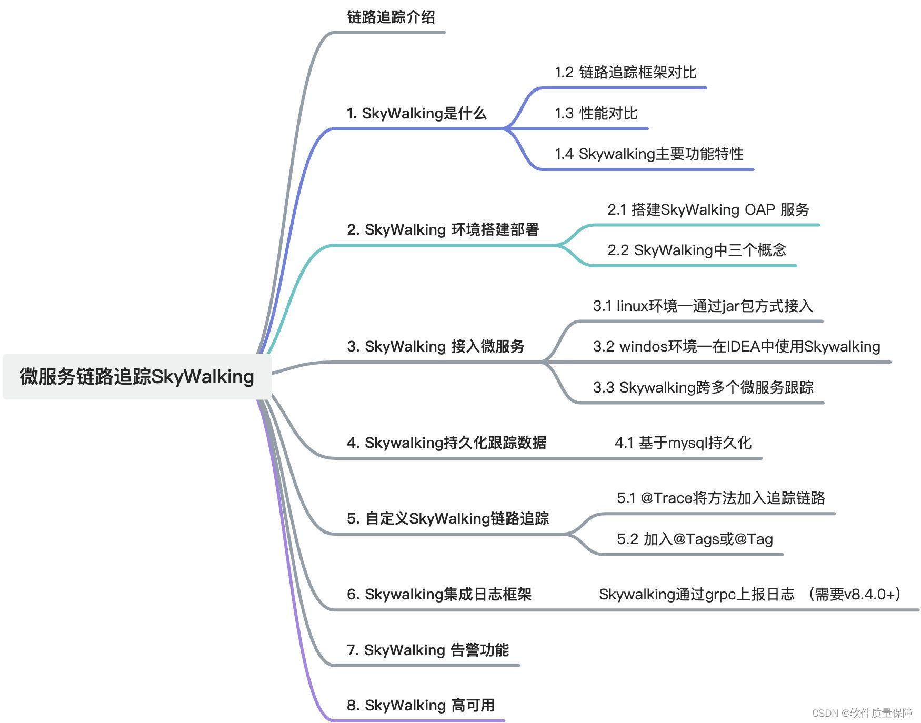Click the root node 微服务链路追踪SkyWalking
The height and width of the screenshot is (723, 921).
[x=137, y=377]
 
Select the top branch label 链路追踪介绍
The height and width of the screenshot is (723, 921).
[x=391, y=17]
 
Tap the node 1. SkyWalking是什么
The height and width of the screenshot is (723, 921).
[x=416, y=114]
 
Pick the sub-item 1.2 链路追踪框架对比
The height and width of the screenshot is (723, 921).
[x=625, y=73]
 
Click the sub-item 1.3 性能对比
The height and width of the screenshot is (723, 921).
[x=596, y=114]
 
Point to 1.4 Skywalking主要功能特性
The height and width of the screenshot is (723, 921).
[x=648, y=154]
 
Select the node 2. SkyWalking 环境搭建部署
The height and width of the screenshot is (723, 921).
[x=443, y=230]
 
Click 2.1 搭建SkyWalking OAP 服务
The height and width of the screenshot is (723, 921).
[x=708, y=210]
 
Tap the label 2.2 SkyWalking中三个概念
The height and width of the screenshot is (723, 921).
[x=696, y=250]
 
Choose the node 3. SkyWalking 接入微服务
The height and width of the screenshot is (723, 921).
[x=435, y=347]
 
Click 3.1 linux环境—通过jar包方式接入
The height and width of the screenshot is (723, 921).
[x=703, y=306]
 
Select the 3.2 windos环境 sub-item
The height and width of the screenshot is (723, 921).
[x=736, y=347]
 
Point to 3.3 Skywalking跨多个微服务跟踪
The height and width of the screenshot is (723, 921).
[x=703, y=388]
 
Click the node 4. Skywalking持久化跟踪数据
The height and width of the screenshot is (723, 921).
[x=446, y=443]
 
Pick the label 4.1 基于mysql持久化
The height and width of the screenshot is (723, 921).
[x=683, y=443]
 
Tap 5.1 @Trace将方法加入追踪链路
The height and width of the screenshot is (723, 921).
[x=720, y=498]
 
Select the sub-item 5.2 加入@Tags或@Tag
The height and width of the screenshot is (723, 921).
[x=695, y=539]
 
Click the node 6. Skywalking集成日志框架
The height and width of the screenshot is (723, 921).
[x=439, y=595]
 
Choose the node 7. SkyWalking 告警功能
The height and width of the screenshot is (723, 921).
[x=427, y=650]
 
